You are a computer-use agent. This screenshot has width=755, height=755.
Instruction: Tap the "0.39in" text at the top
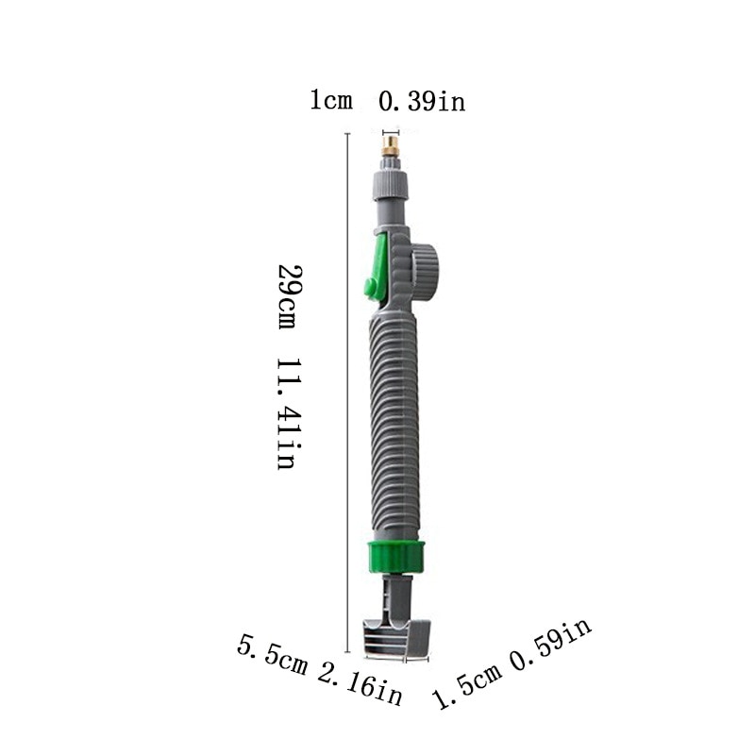422,101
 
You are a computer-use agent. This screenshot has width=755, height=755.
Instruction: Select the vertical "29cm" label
288,296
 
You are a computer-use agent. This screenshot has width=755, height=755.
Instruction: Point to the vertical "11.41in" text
288,413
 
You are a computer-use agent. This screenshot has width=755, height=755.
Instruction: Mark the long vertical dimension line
350,396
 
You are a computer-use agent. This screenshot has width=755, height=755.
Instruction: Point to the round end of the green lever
365,288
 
